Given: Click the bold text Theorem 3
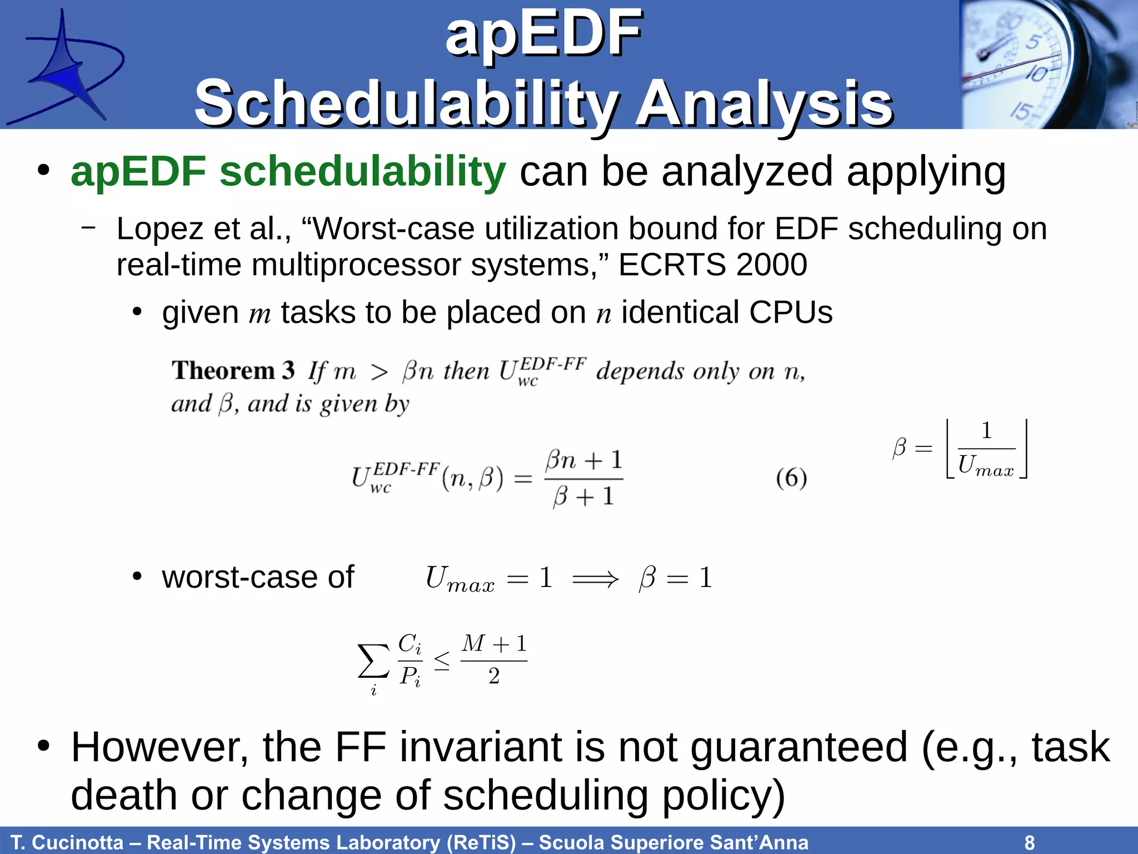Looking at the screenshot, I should coord(233,370).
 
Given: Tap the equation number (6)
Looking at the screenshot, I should coord(791,478).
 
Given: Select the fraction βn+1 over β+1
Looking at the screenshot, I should coord(583,478).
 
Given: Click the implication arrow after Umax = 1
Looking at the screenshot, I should coord(595,579).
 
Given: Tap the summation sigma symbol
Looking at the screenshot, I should coord(373,661).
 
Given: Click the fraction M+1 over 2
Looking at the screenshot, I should coord(494,660).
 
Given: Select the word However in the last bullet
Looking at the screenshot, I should coord(159,747).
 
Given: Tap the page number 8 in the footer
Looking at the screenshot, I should coord(1029,842).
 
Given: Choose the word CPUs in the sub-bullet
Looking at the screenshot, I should coord(790,312).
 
